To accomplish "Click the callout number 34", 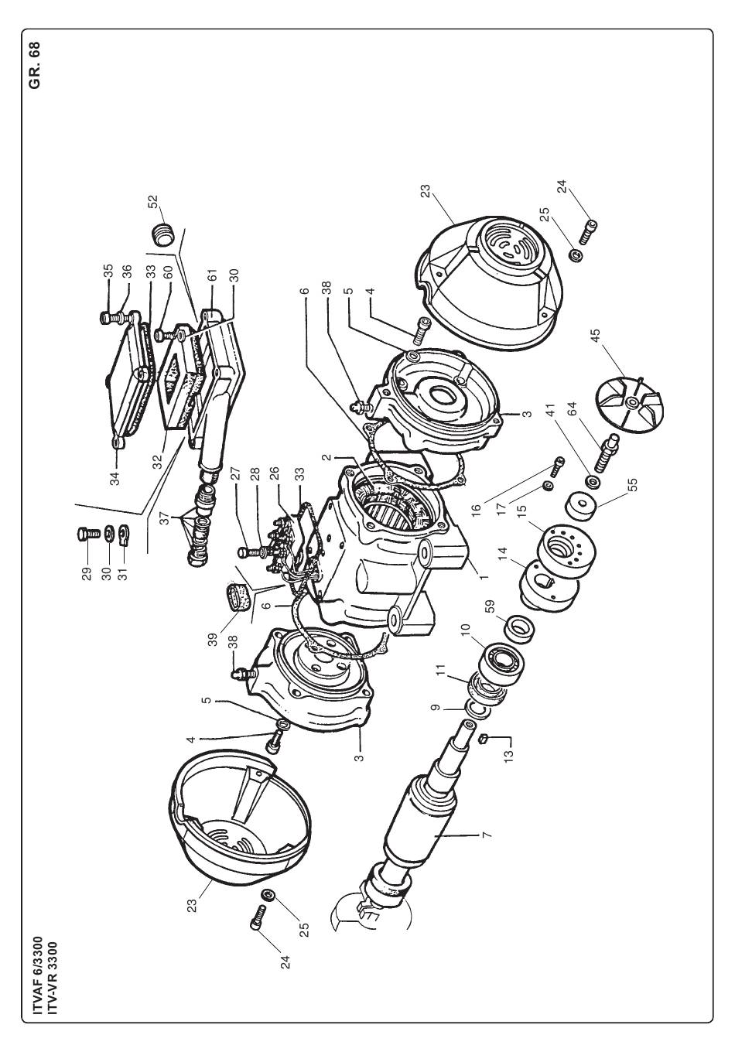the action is (x=115, y=478).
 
